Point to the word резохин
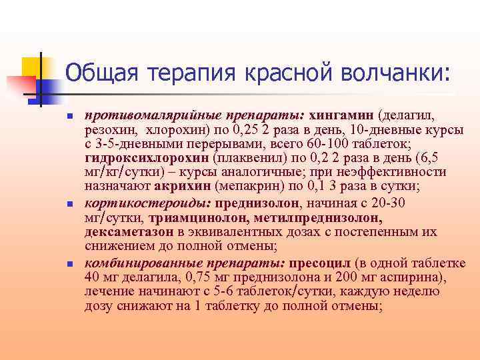(107, 131)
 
